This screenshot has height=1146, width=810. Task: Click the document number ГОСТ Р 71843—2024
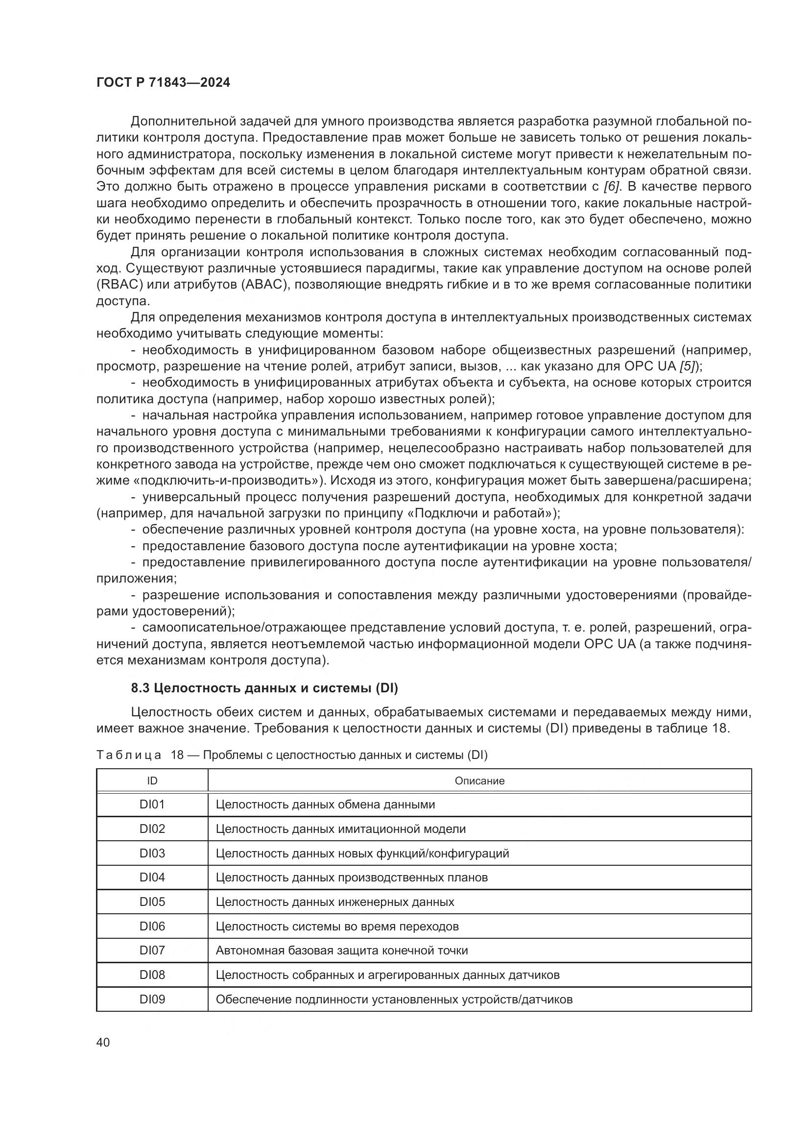[x=163, y=83]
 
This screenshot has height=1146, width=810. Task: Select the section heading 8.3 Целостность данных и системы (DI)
[x=264, y=689]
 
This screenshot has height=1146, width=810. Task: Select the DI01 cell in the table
[x=152, y=805]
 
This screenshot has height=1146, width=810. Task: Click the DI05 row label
[x=152, y=902]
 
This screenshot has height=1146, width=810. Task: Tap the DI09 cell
[x=152, y=999]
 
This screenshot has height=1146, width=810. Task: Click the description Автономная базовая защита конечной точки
[x=342, y=951]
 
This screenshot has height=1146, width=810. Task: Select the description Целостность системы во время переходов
[x=337, y=927]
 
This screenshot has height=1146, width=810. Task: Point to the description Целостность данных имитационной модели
[x=341, y=829]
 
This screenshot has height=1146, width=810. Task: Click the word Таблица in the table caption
[x=129, y=755]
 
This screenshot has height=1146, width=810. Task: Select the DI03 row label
[x=152, y=853]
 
